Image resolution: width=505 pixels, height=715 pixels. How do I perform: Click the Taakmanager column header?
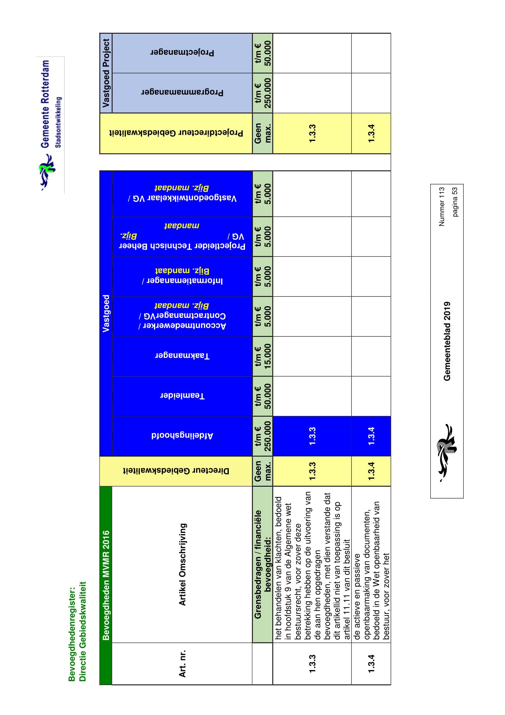pos(182,356)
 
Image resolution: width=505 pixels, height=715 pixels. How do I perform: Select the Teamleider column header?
pos(182,396)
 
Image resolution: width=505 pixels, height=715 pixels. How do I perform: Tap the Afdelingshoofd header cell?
pos(182,436)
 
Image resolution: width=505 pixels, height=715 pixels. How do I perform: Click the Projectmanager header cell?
pos(182,53)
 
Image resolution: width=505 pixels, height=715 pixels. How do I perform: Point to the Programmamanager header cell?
pos(182,93)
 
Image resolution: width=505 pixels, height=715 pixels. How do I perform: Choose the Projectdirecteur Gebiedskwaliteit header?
pos(176,133)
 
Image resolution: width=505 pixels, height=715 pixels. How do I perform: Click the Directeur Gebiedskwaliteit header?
pos(176,470)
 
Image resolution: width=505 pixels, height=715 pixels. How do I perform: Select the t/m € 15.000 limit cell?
pos(263,356)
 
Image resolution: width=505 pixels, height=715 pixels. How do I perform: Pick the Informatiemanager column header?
pos(182,276)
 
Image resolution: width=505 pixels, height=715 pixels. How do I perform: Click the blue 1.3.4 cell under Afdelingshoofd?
pos(371,436)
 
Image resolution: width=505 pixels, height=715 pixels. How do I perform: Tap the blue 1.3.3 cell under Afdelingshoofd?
pos(312,436)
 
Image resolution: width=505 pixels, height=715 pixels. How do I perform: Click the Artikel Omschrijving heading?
pos(182,564)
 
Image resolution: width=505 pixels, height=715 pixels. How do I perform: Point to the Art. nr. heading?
pos(182,663)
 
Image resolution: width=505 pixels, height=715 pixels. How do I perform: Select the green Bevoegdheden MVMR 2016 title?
pos(106,585)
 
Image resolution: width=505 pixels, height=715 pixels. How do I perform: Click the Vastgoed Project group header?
pos(106,73)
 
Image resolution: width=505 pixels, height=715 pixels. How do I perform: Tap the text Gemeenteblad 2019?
pos(447,341)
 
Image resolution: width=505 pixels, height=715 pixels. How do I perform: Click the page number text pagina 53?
pos(455,201)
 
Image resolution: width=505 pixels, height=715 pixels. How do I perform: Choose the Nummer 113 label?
pos(441,206)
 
